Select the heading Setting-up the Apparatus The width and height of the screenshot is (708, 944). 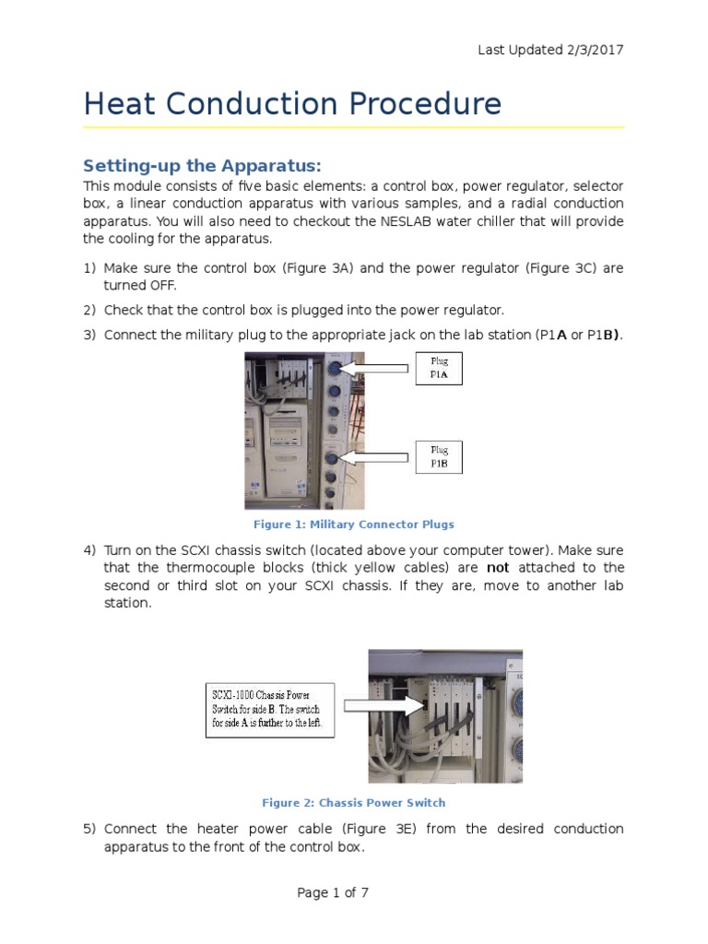(x=202, y=166)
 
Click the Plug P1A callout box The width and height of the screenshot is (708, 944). (x=439, y=368)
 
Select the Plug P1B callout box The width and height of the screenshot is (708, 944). (x=439, y=457)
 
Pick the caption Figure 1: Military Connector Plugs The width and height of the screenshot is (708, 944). (x=354, y=525)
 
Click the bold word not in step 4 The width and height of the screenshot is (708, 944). (x=498, y=568)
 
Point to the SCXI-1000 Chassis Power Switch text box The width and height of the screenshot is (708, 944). (x=269, y=709)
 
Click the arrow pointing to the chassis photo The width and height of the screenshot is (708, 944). (x=379, y=706)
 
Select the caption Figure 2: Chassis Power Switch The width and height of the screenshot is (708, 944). (x=354, y=803)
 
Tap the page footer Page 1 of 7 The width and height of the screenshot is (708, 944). (x=333, y=892)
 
